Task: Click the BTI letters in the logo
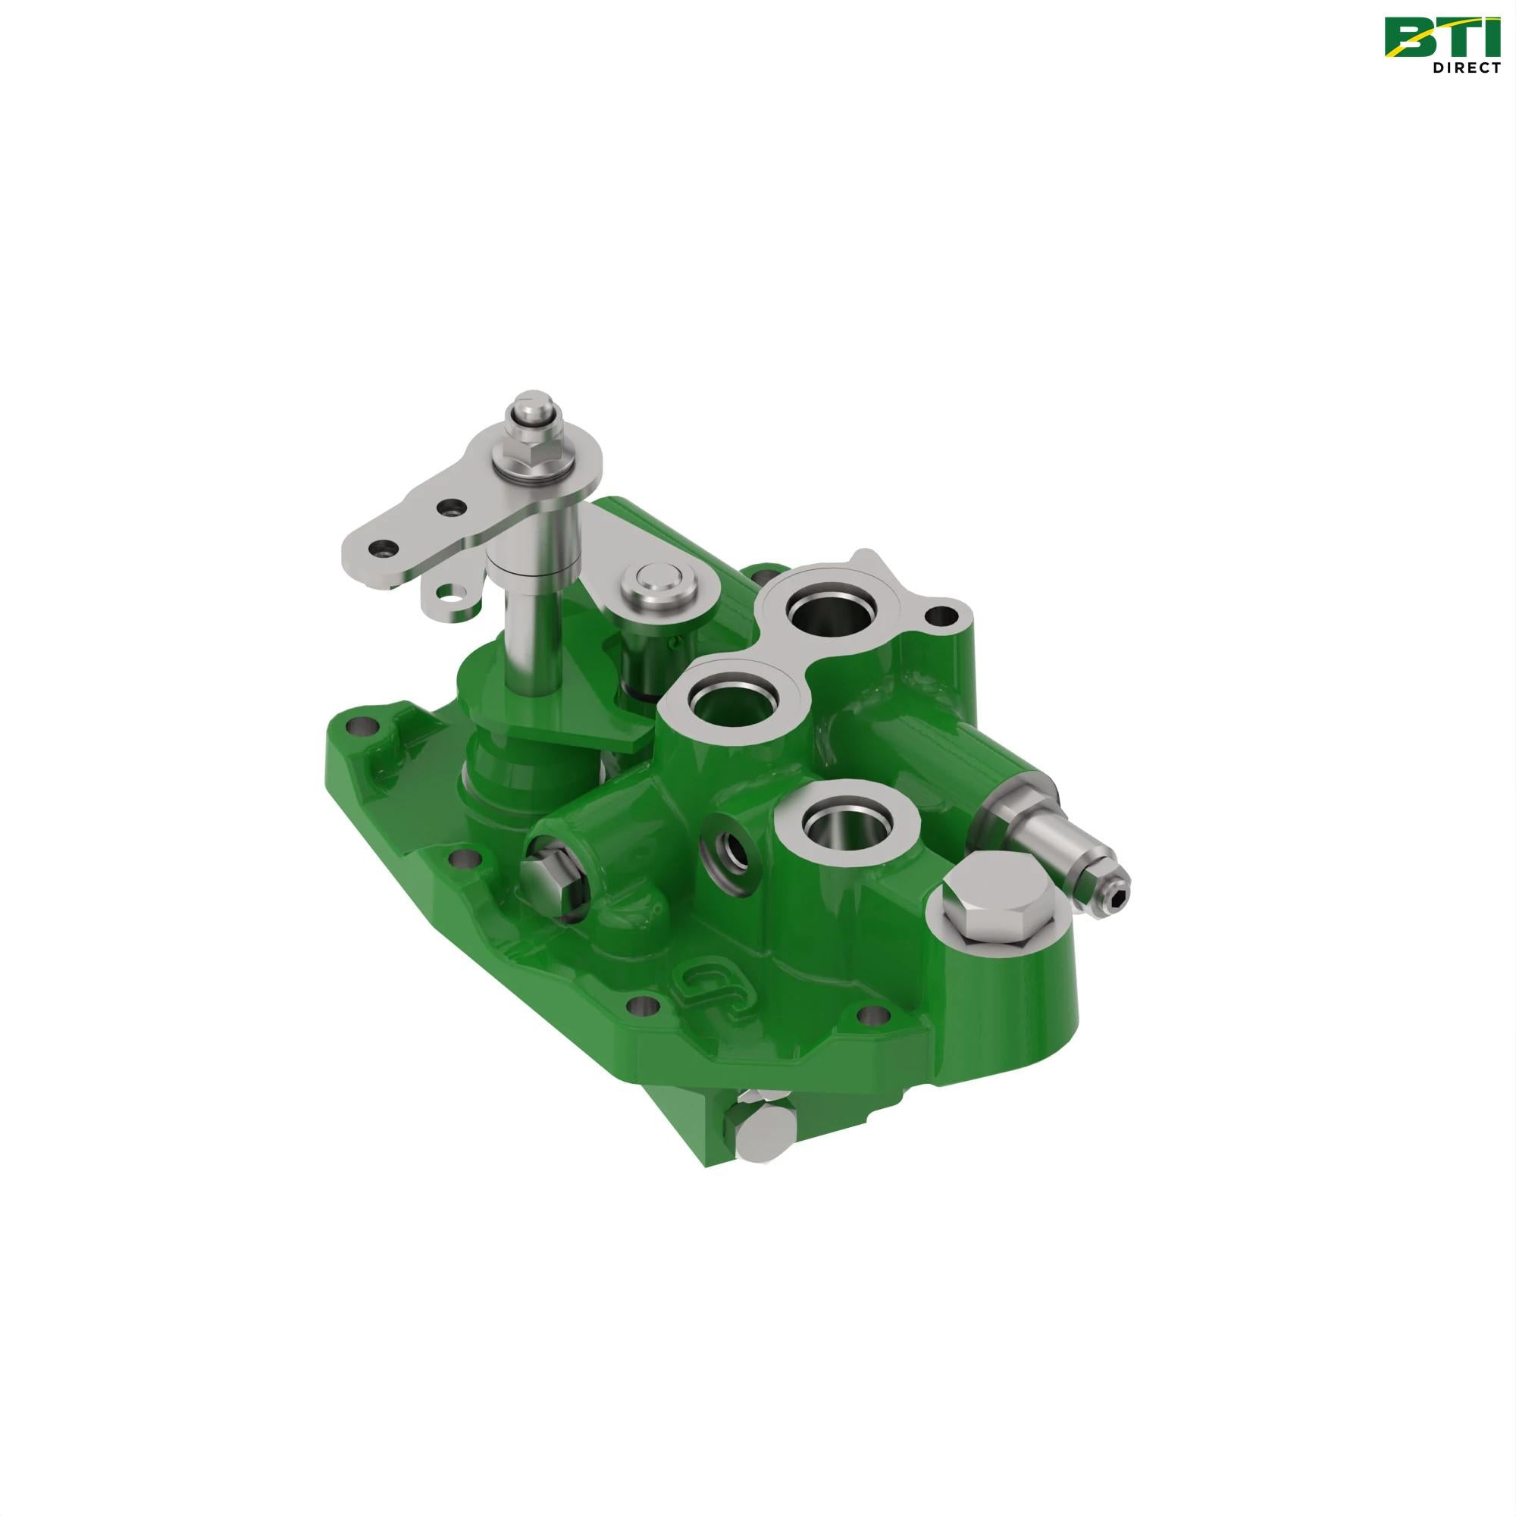click(1436, 38)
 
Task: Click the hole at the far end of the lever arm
click(382, 546)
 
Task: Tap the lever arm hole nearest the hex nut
click(448, 509)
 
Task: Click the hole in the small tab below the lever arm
click(448, 590)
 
